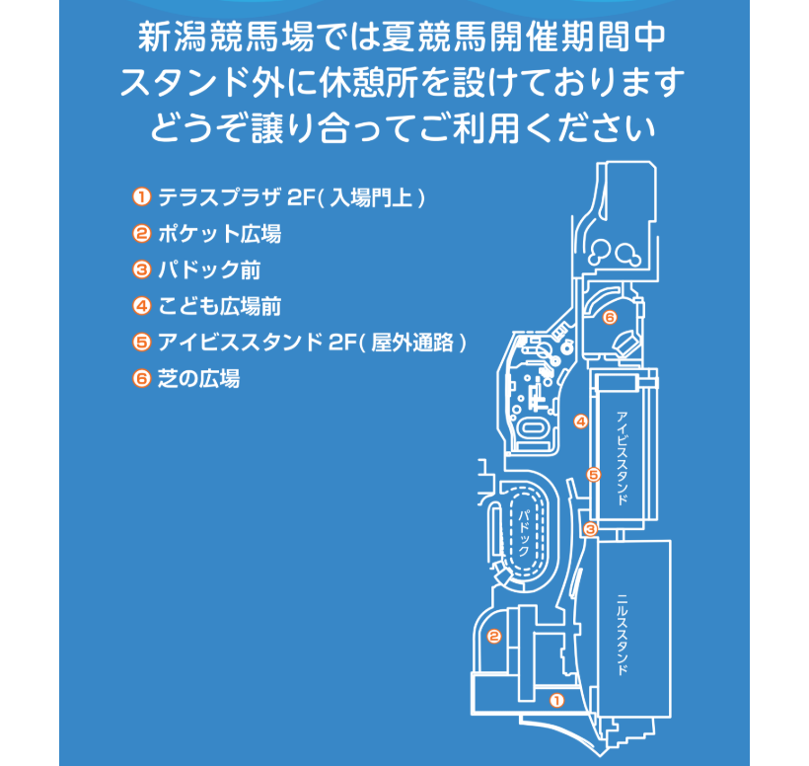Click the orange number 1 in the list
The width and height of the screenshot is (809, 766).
[141, 197]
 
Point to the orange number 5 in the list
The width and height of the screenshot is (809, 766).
[141, 343]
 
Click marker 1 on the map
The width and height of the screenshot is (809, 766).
[556, 701]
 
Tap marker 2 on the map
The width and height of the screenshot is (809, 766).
[493, 636]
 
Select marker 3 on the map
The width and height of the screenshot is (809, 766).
[590, 529]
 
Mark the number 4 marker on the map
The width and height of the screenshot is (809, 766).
[581, 421]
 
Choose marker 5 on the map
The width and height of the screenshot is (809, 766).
[593, 475]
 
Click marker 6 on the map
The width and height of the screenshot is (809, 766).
[610, 317]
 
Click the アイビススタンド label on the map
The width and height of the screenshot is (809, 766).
[623, 458]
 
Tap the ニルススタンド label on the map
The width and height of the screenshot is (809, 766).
[624, 635]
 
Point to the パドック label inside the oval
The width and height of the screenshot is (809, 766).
[524, 533]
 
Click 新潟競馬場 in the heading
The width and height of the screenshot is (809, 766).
[226, 38]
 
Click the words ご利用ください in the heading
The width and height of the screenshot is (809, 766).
[537, 128]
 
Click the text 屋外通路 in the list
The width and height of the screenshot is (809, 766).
[412, 343]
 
